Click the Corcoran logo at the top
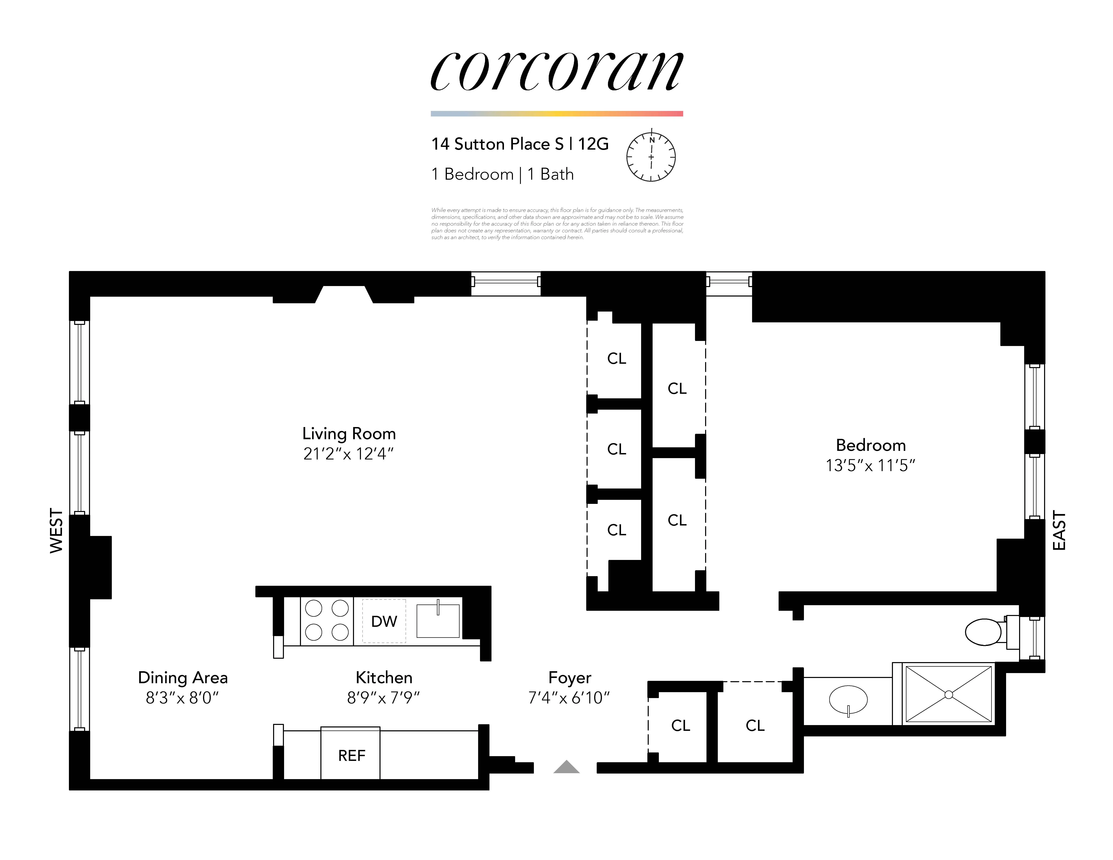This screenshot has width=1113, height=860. click(x=556, y=71)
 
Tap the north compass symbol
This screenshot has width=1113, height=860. click(x=651, y=157)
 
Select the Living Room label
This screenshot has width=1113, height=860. click(x=349, y=434)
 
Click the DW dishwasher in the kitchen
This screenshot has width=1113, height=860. click(x=384, y=621)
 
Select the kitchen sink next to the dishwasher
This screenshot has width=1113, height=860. click(x=438, y=621)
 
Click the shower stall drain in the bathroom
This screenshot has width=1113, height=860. click(x=948, y=694)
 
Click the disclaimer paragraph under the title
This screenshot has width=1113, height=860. click(x=557, y=224)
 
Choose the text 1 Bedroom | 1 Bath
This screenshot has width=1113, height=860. click(x=502, y=174)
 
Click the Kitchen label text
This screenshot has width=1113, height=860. click(x=384, y=678)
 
